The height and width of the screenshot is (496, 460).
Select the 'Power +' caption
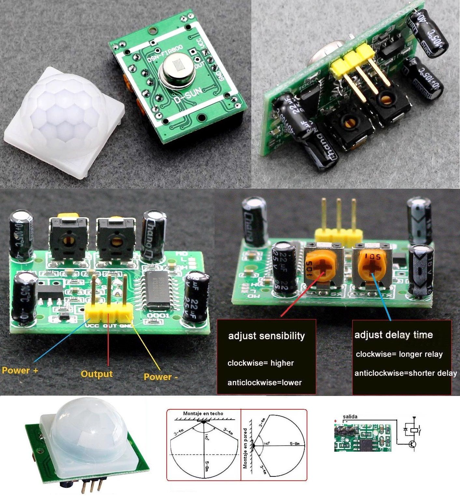point(20,371)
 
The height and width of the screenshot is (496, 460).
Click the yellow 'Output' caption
point(97,374)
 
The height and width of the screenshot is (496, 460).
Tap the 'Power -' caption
point(161,377)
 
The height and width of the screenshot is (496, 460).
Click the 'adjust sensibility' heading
point(266,336)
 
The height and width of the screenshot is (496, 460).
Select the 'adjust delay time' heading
point(393,335)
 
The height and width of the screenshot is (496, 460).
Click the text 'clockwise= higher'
point(260,363)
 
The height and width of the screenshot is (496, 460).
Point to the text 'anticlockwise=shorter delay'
point(405,373)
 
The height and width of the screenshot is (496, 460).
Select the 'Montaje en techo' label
point(203,413)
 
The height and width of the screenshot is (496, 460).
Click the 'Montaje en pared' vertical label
point(245,448)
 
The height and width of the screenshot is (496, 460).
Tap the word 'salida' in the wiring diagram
point(350,416)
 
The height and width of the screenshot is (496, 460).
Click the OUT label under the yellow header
point(110,326)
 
